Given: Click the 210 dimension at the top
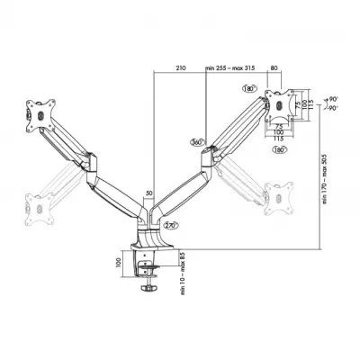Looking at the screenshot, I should coord(181,67).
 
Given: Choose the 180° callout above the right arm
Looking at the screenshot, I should coord(248,90).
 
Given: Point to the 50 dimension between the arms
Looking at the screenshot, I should coord(148,193).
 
